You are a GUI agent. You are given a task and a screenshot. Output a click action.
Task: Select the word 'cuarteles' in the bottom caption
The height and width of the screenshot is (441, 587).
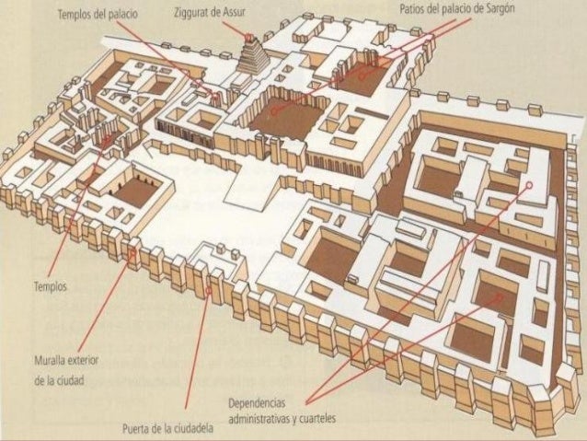[314, 419]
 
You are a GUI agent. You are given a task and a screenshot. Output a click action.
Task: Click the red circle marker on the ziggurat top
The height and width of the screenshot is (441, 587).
[248, 35]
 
